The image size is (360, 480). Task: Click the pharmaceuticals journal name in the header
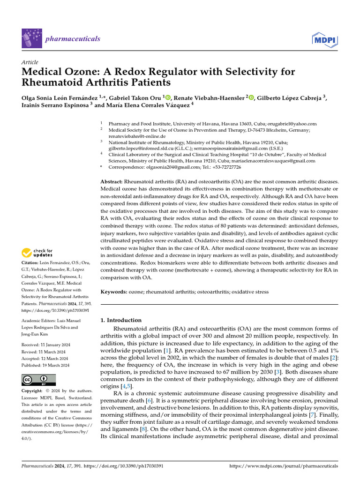72,38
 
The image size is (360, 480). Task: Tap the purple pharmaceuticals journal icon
31,38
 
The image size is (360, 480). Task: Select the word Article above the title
30,62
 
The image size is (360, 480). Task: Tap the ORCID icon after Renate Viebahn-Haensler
251,97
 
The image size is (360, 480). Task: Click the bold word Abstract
112,181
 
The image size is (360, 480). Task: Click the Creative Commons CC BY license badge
38,379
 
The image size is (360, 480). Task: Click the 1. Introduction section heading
121,320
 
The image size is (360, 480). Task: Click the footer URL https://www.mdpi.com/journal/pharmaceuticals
284,466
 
